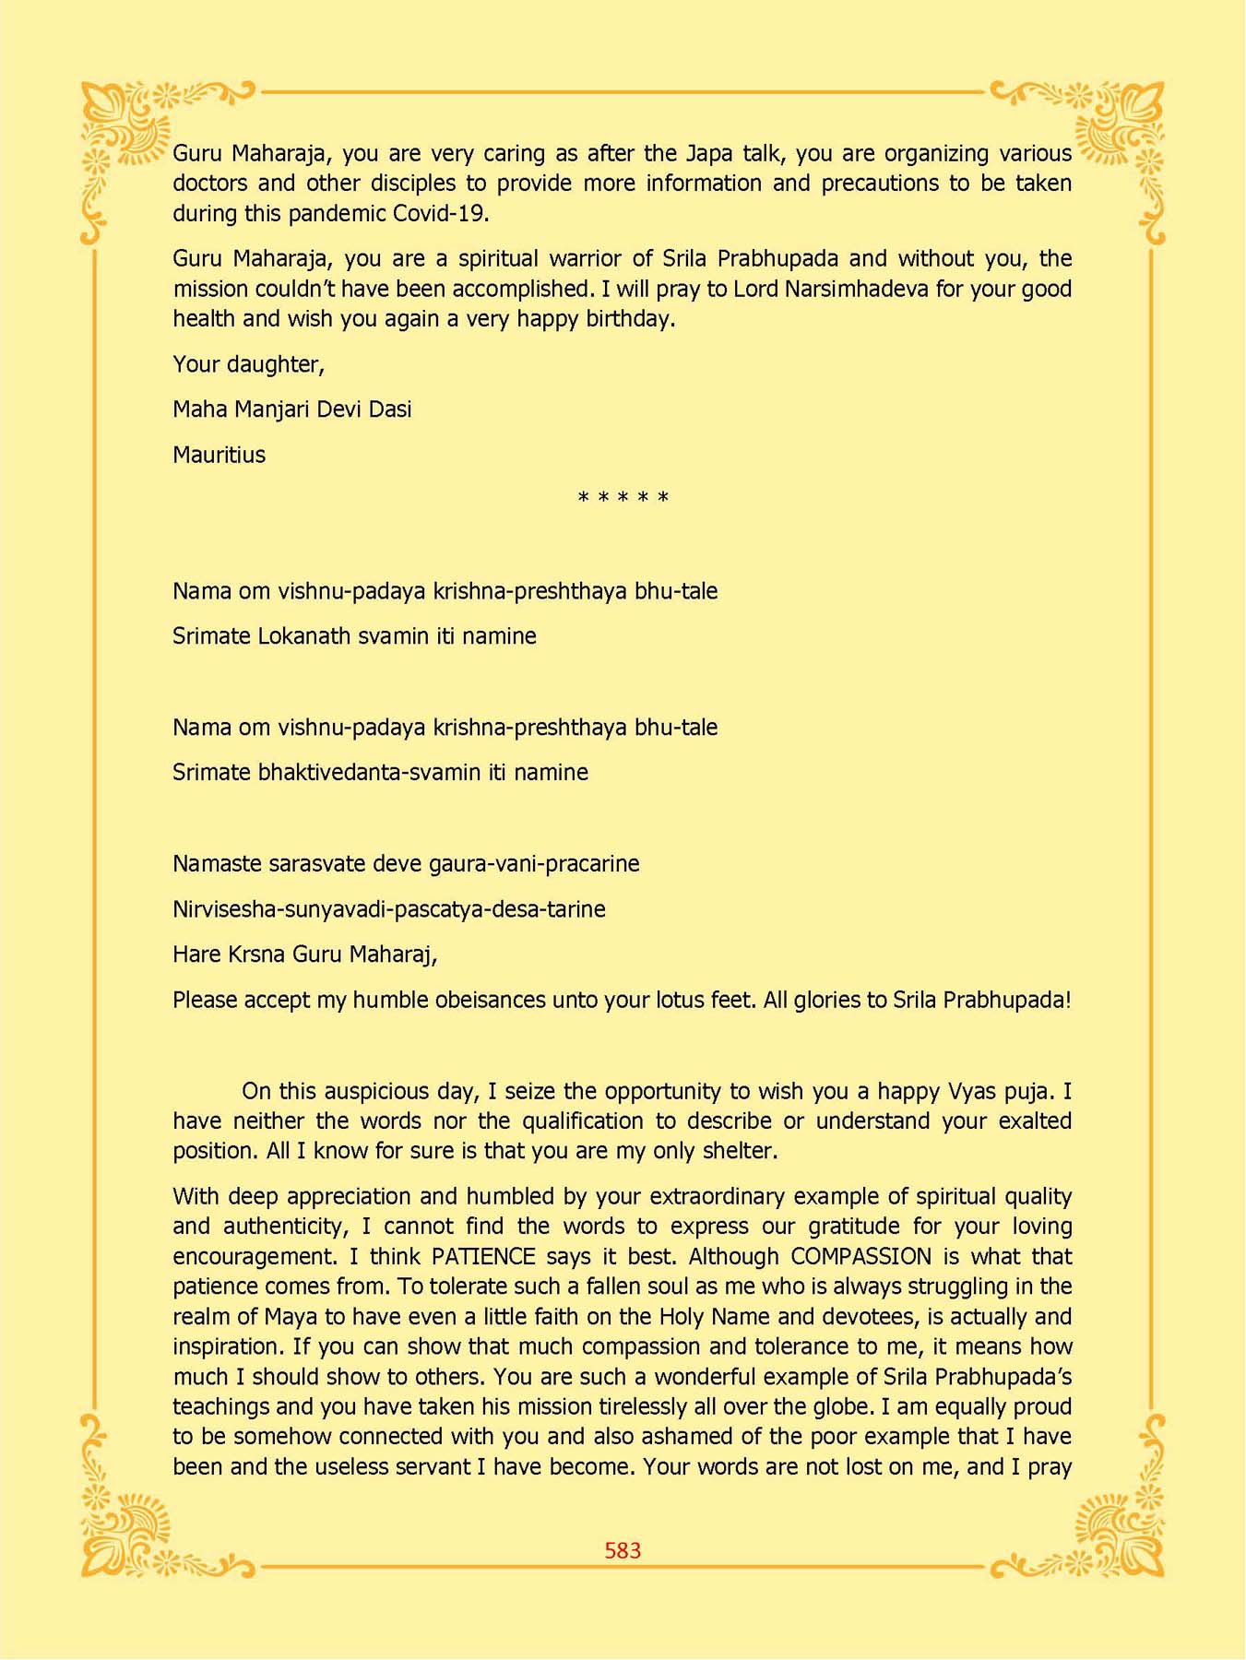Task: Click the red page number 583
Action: (x=623, y=1550)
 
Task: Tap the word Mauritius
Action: (x=219, y=455)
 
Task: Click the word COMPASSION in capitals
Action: (x=861, y=1256)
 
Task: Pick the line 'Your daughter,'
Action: (x=248, y=364)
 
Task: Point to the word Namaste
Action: (x=217, y=864)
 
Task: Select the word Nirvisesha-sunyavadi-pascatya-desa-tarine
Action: (x=388, y=909)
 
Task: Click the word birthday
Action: (x=630, y=319)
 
